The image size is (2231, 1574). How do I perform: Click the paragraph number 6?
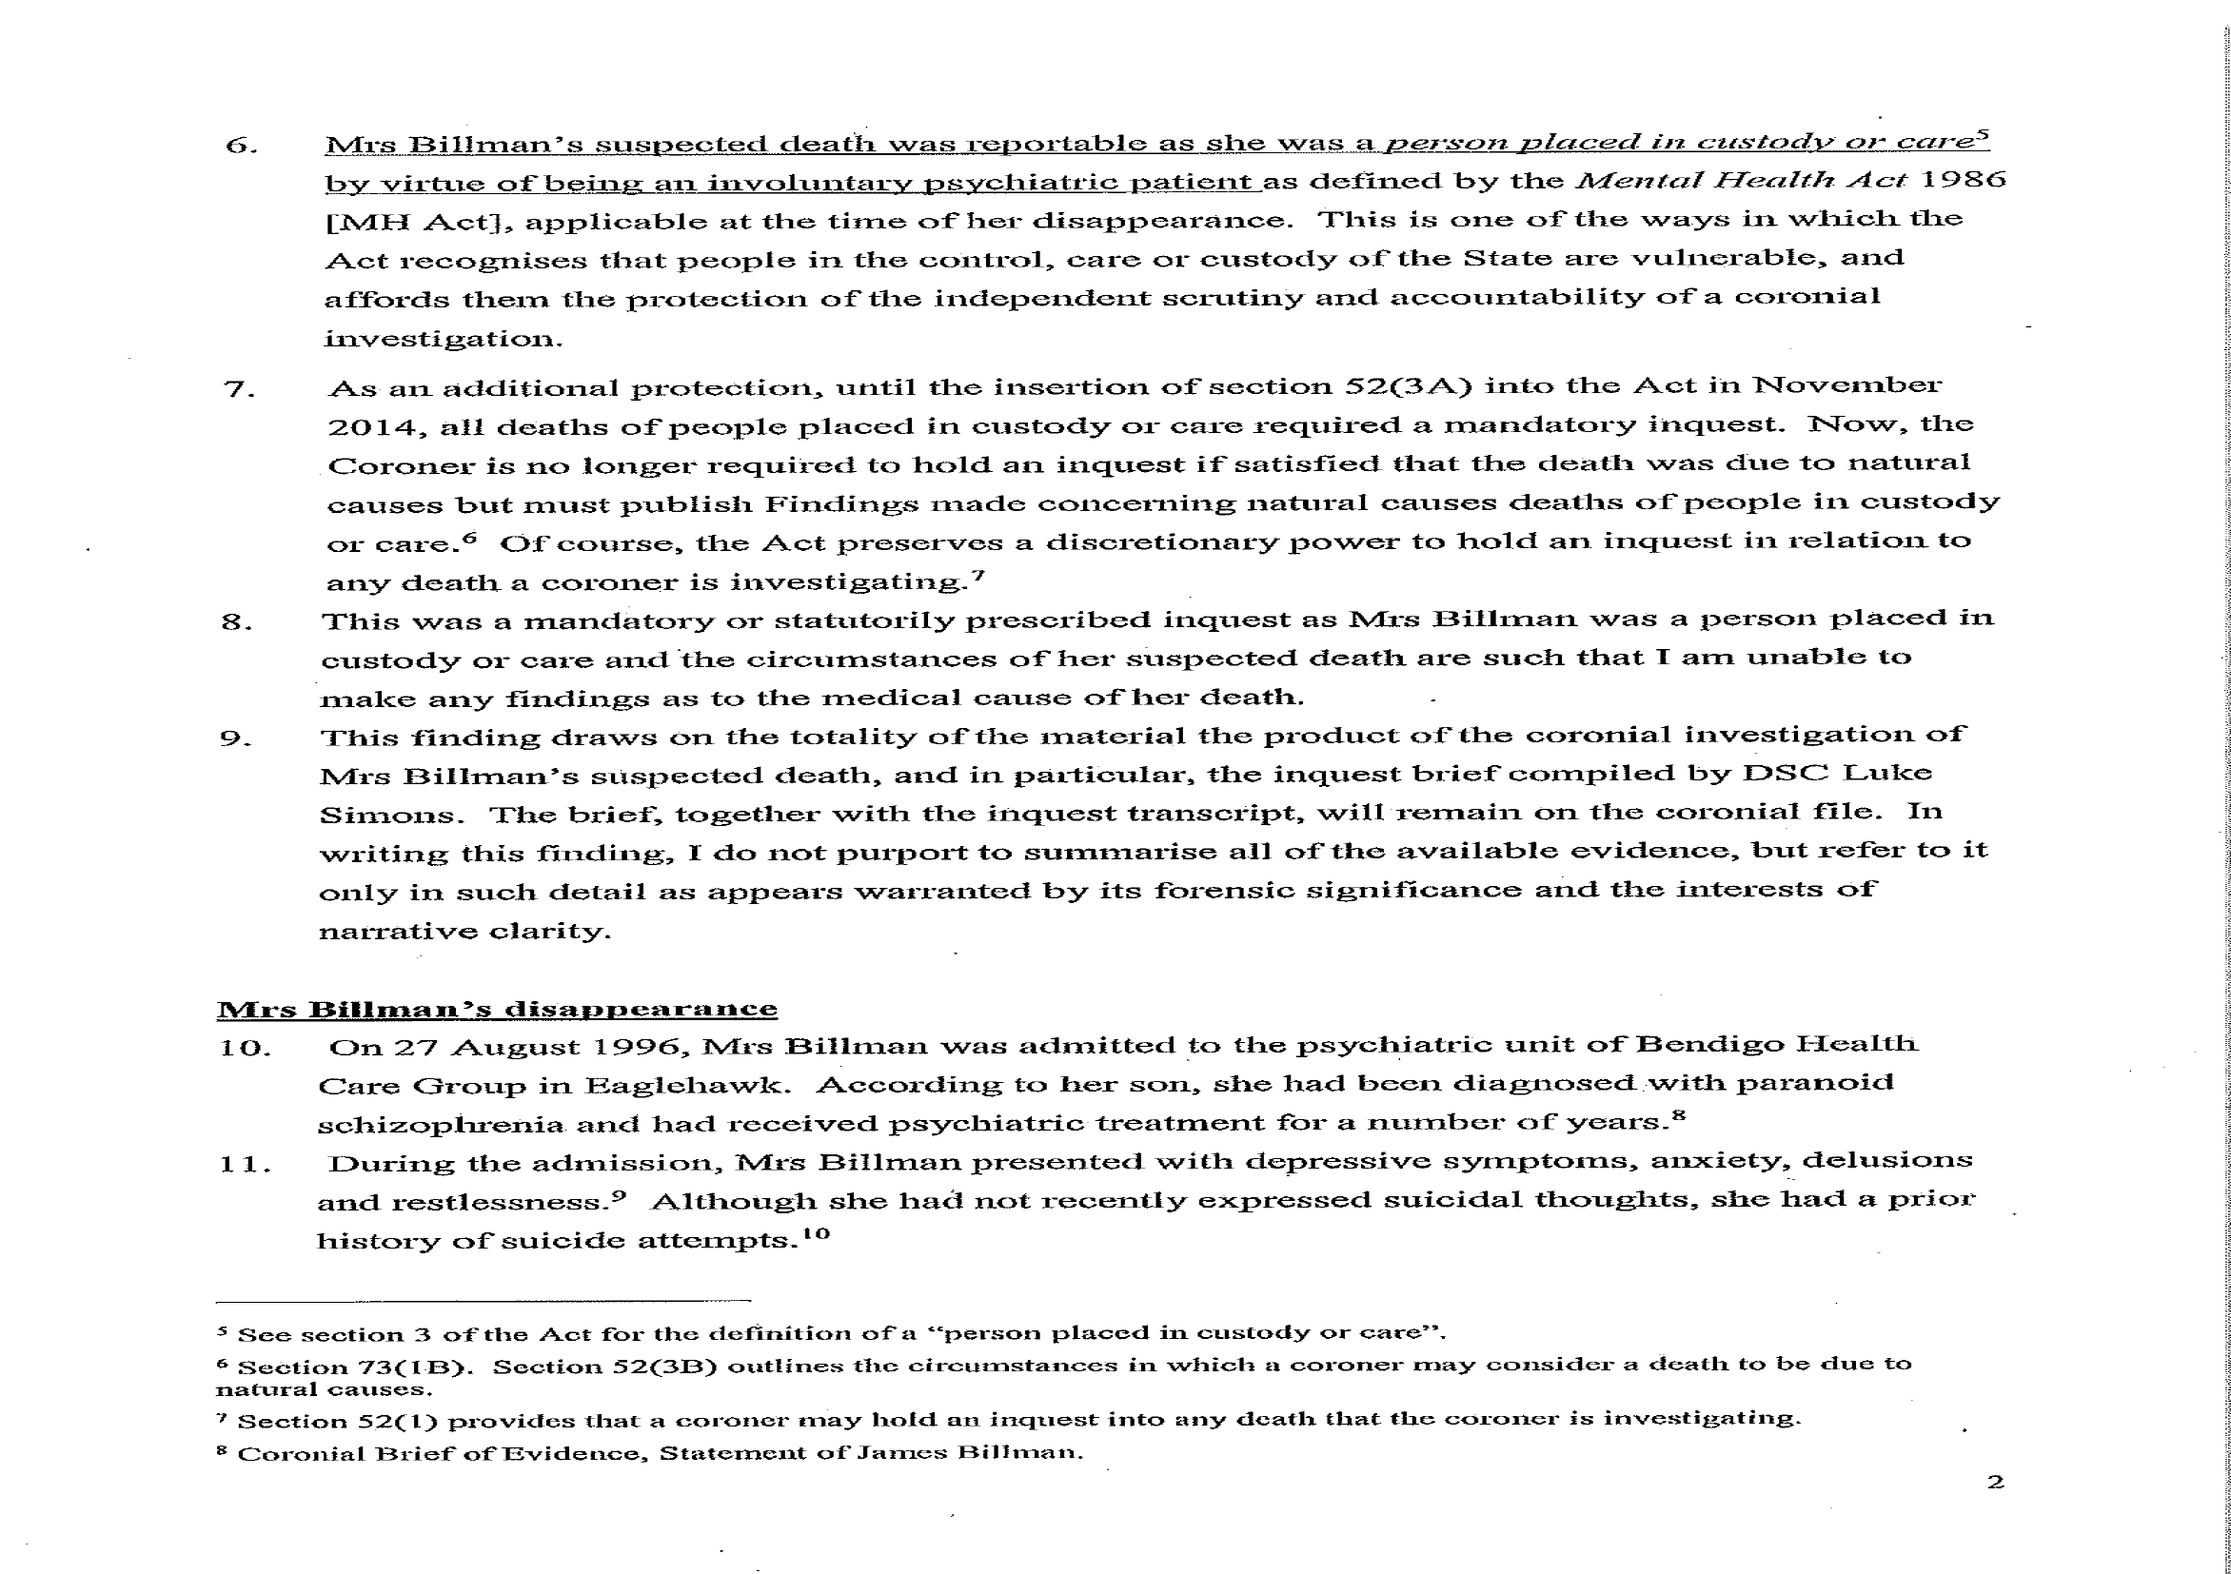click(x=240, y=146)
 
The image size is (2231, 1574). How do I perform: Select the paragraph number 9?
click(x=234, y=738)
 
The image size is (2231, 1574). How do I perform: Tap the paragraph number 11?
click(x=244, y=1164)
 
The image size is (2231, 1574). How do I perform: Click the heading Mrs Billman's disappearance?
click(x=497, y=1009)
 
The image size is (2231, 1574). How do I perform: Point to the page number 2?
click(x=1995, y=1482)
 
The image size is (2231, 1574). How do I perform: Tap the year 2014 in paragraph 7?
click(x=376, y=427)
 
